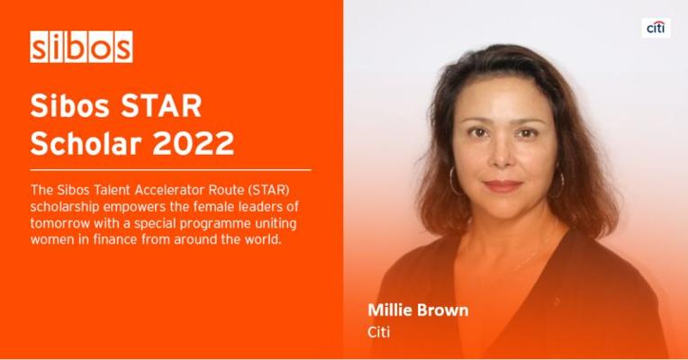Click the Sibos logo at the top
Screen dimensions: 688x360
pyautogui.click(x=81, y=47)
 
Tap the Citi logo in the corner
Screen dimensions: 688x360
pyautogui.click(x=656, y=28)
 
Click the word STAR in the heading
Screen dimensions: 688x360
pyautogui.click(x=161, y=105)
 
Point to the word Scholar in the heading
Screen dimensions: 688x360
pyautogui.click(x=86, y=143)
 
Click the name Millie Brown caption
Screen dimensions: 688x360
pyautogui.click(x=418, y=310)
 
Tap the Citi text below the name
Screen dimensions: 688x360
pyautogui.click(x=378, y=332)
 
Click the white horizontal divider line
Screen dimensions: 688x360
pyautogui.click(x=171, y=170)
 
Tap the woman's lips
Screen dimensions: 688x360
pyautogui.click(x=502, y=186)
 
